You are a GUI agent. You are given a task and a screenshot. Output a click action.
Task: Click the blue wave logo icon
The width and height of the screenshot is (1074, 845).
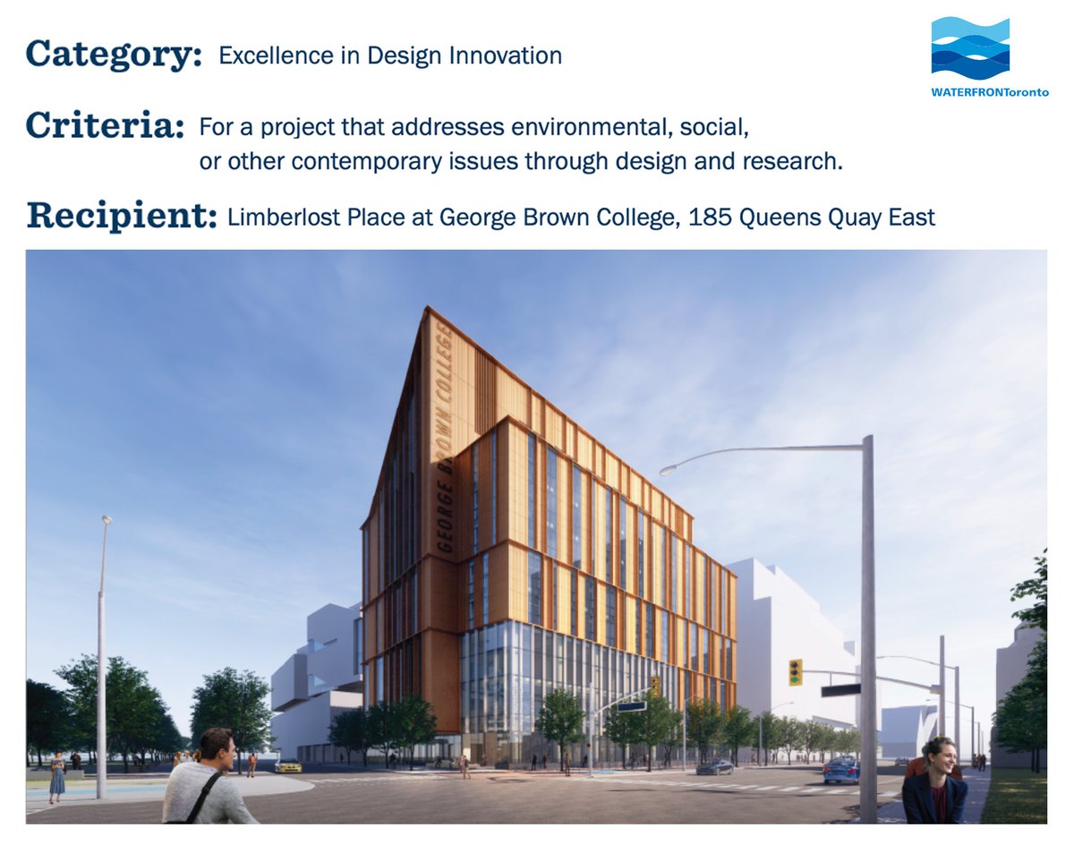[970, 48]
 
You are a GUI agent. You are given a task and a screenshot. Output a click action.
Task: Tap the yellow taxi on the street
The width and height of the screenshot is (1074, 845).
[288, 766]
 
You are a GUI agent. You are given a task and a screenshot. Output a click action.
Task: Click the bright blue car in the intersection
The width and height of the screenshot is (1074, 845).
[841, 770]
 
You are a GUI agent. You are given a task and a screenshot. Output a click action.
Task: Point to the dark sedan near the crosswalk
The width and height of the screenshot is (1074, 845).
[714, 767]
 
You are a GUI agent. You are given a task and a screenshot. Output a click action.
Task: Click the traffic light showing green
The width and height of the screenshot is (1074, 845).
[795, 672]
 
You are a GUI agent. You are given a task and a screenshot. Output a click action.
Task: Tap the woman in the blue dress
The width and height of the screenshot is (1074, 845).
[57, 777]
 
